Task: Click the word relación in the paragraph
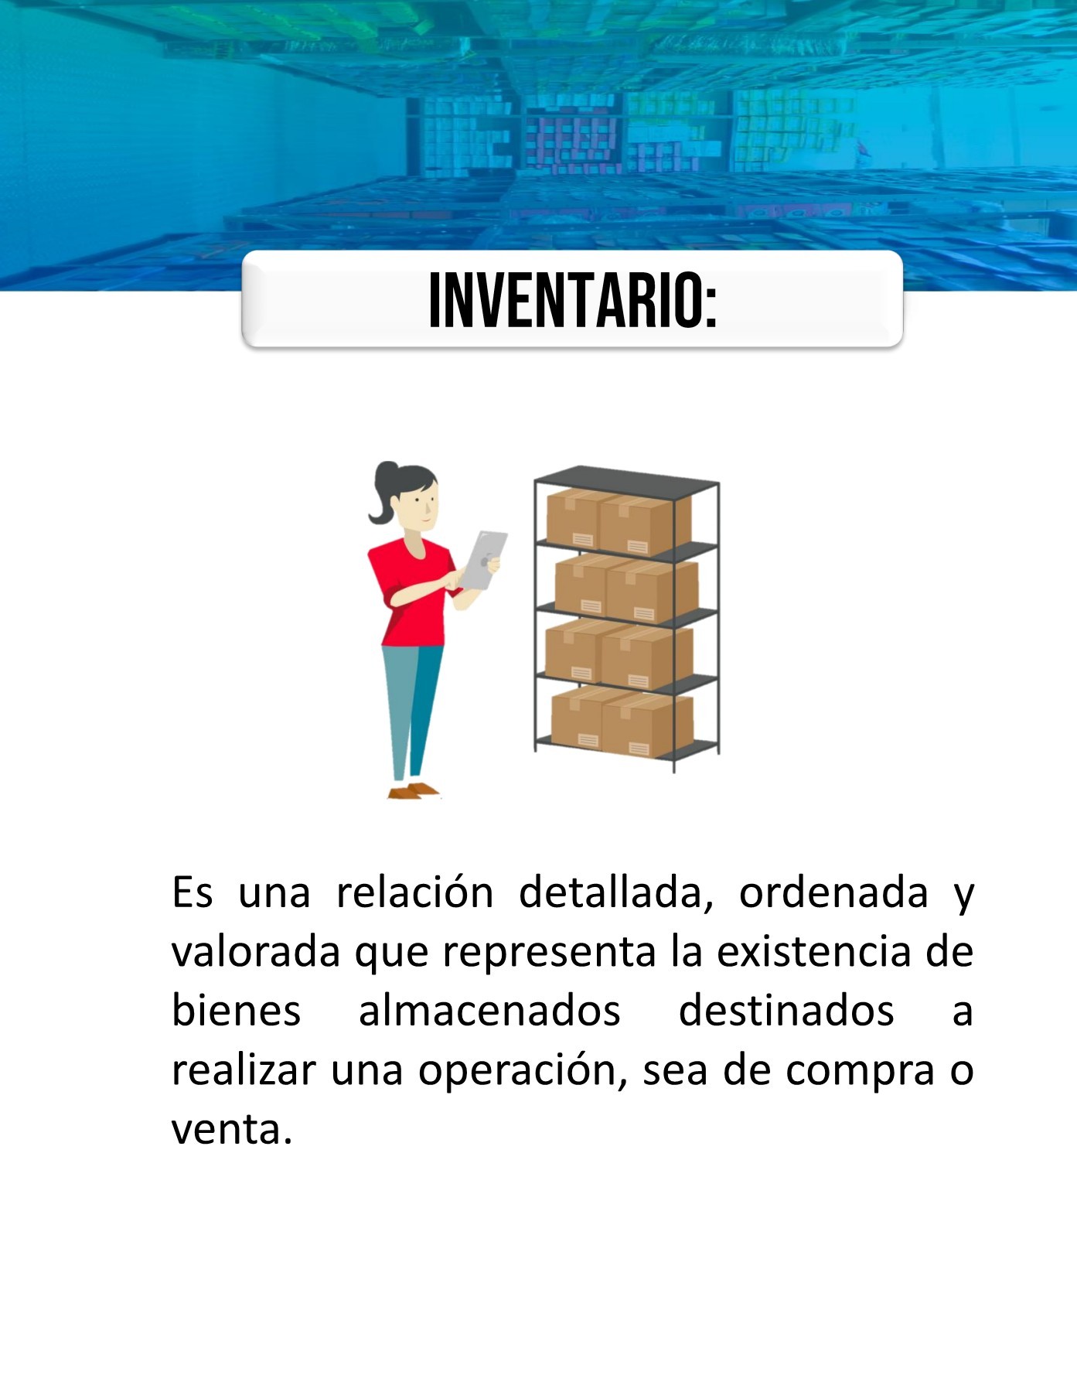point(414,892)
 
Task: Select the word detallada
point(615,892)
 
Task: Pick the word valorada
point(255,952)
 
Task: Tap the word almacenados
point(489,1012)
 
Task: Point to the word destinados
point(786,1012)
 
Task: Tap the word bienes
point(236,1012)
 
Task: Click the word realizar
point(244,1071)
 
